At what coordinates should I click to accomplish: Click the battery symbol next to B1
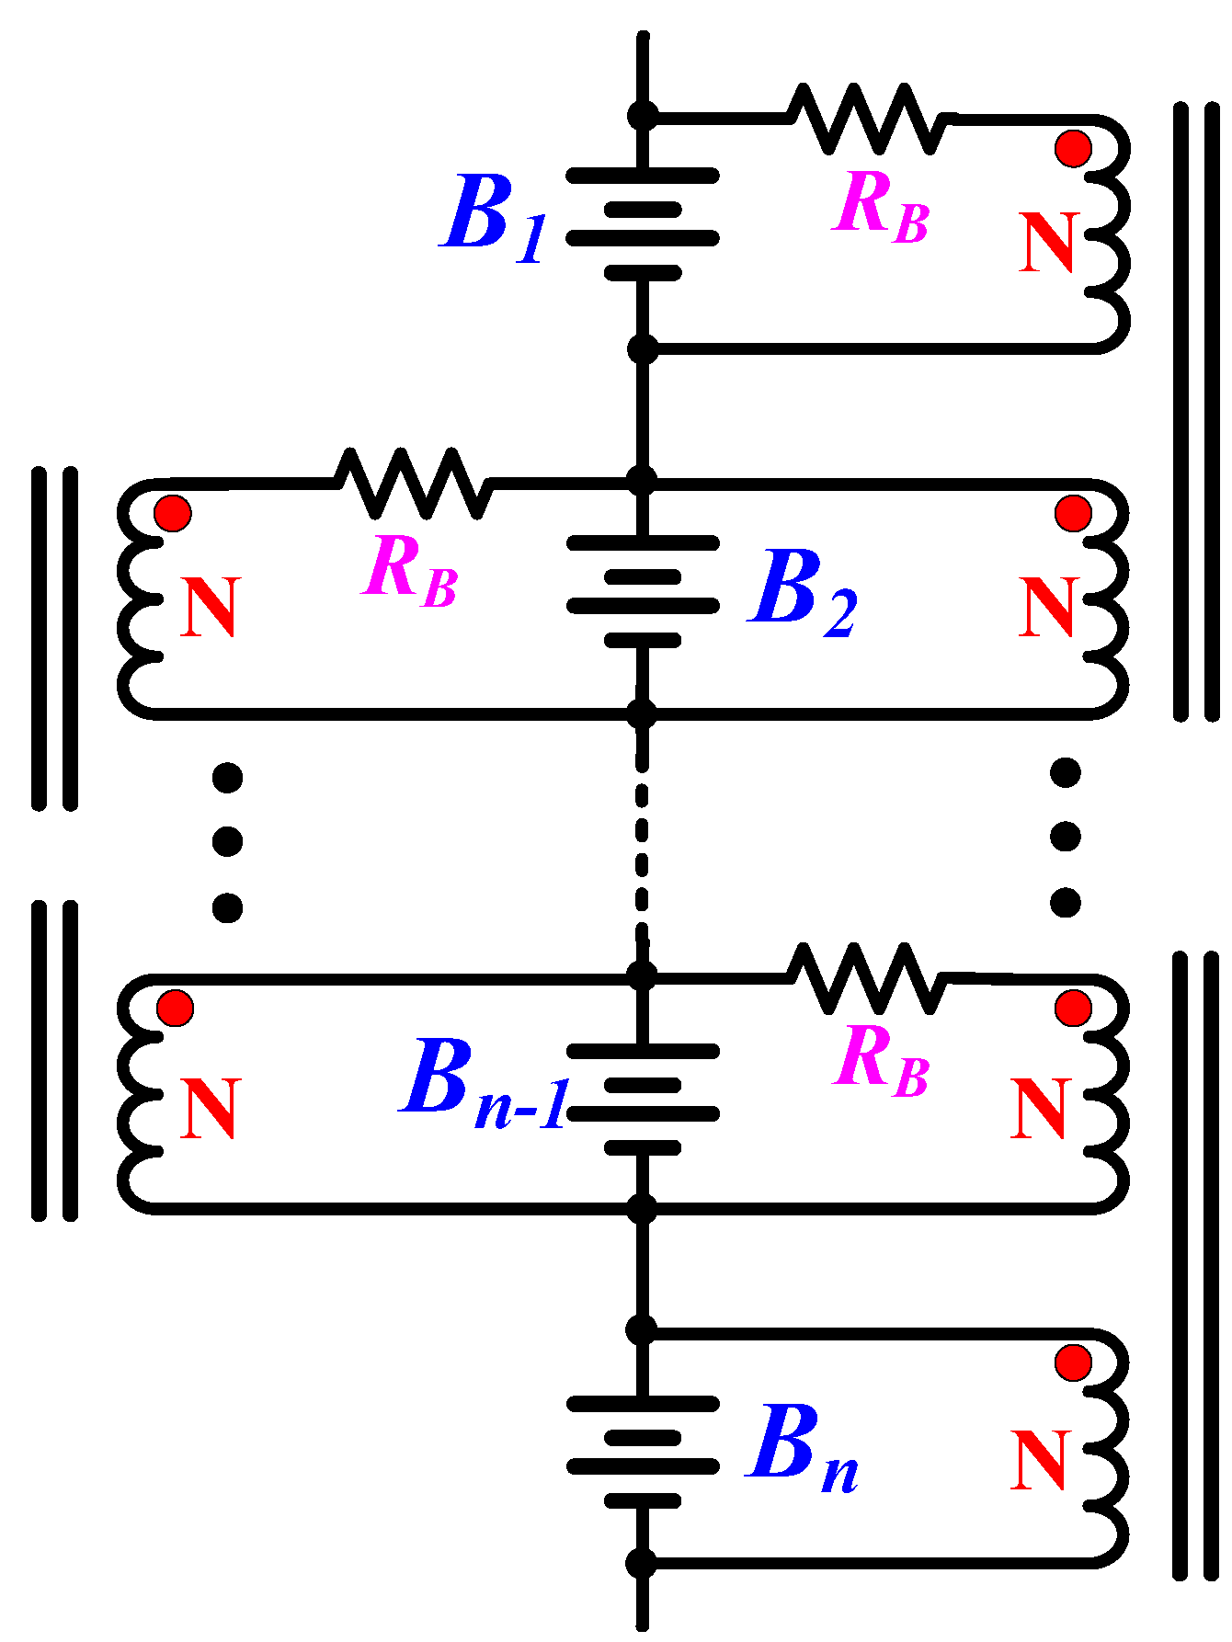643,223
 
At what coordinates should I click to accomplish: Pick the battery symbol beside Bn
643,1452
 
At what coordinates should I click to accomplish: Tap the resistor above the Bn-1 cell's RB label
867,978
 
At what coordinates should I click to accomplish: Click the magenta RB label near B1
880,207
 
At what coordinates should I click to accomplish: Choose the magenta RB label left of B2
409,573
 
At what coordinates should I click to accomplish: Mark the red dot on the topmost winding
1073,148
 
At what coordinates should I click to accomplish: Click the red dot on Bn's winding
1073,1362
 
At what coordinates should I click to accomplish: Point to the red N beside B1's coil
1047,244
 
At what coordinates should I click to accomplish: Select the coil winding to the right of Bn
1108,1448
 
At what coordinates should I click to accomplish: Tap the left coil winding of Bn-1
138,1094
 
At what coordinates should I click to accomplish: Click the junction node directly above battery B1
643,116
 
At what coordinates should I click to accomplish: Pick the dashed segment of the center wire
642,846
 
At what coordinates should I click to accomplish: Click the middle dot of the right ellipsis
1066,838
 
